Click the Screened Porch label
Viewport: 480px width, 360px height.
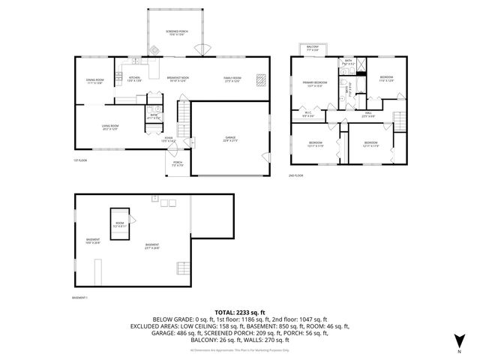[x=175, y=33]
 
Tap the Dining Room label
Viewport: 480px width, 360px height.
[x=94, y=82]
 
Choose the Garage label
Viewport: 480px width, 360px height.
[x=229, y=139]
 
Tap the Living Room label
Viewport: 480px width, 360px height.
[x=110, y=127]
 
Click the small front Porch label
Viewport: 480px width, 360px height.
[x=178, y=163]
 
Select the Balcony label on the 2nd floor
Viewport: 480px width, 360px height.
[x=313, y=48]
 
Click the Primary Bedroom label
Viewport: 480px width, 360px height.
[x=314, y=84]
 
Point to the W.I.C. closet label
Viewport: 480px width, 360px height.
[x=307, y=115]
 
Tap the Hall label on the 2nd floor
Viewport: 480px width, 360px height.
[x=367, y=115]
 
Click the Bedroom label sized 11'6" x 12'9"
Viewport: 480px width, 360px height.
[x=386, y=79]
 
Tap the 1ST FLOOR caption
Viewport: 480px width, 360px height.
[x=80, y=160]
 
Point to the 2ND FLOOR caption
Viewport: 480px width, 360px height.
[x=296, y=175]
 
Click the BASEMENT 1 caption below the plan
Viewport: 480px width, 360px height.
[x=80, y=298]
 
